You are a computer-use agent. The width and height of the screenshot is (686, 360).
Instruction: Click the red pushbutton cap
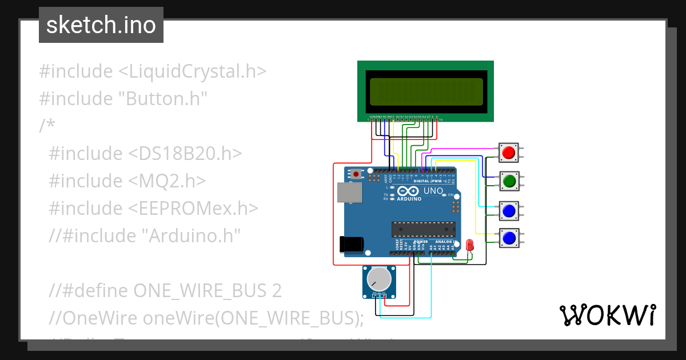click(509, 153)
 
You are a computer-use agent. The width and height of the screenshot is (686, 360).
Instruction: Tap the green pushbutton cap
click(509, 181)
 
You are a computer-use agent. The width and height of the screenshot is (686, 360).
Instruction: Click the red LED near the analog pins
click(470, 245)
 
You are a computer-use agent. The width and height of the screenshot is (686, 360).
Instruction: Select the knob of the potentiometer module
click(378, 279)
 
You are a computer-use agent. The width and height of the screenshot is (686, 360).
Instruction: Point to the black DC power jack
click(350, 244)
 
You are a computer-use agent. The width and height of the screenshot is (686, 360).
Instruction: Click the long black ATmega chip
click(423, 229)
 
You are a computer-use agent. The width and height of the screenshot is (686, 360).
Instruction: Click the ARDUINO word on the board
click(409, 199)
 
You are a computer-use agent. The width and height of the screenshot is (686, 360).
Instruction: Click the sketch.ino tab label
click(101, 25)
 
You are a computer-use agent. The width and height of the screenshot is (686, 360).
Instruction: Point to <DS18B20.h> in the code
click(183, 153)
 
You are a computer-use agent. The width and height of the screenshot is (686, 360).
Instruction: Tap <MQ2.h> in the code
click(165, 181)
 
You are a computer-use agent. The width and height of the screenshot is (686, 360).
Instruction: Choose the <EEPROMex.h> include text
click(191, 208)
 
